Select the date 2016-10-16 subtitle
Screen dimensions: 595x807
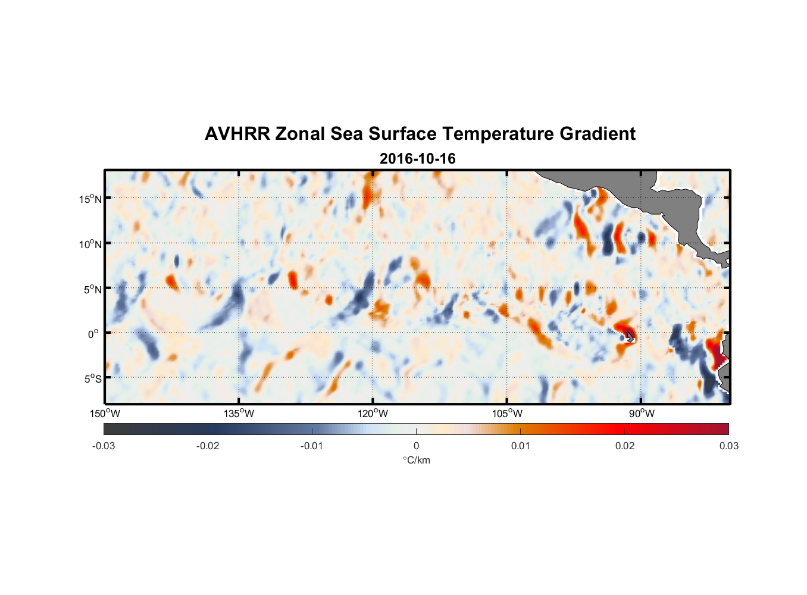tap(418, 159)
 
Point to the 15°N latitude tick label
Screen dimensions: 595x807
tap(90, 199)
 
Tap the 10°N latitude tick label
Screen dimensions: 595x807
tap(90, 244)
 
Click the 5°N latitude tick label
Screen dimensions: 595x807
tap(92, 289)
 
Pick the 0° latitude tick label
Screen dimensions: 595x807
tap(93, 334)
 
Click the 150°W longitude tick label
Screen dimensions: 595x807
tap(105, 414)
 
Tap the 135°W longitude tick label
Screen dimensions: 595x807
tap(239, 414)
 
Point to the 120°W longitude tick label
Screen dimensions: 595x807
tap(373, 414)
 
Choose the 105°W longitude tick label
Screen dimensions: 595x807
tap(508, 414)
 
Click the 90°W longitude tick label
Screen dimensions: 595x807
tap(642, 414)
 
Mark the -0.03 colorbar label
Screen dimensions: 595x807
tap(104, 446)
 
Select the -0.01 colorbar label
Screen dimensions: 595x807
tap(312, 446)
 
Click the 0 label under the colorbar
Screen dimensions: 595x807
tap(416, 446)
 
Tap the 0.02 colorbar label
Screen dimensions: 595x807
tap(625, 446)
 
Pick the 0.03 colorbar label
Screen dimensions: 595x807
tap(728, 446)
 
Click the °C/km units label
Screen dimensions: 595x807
tap(417, 460)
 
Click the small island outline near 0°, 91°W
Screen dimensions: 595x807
tap(630, 336)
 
